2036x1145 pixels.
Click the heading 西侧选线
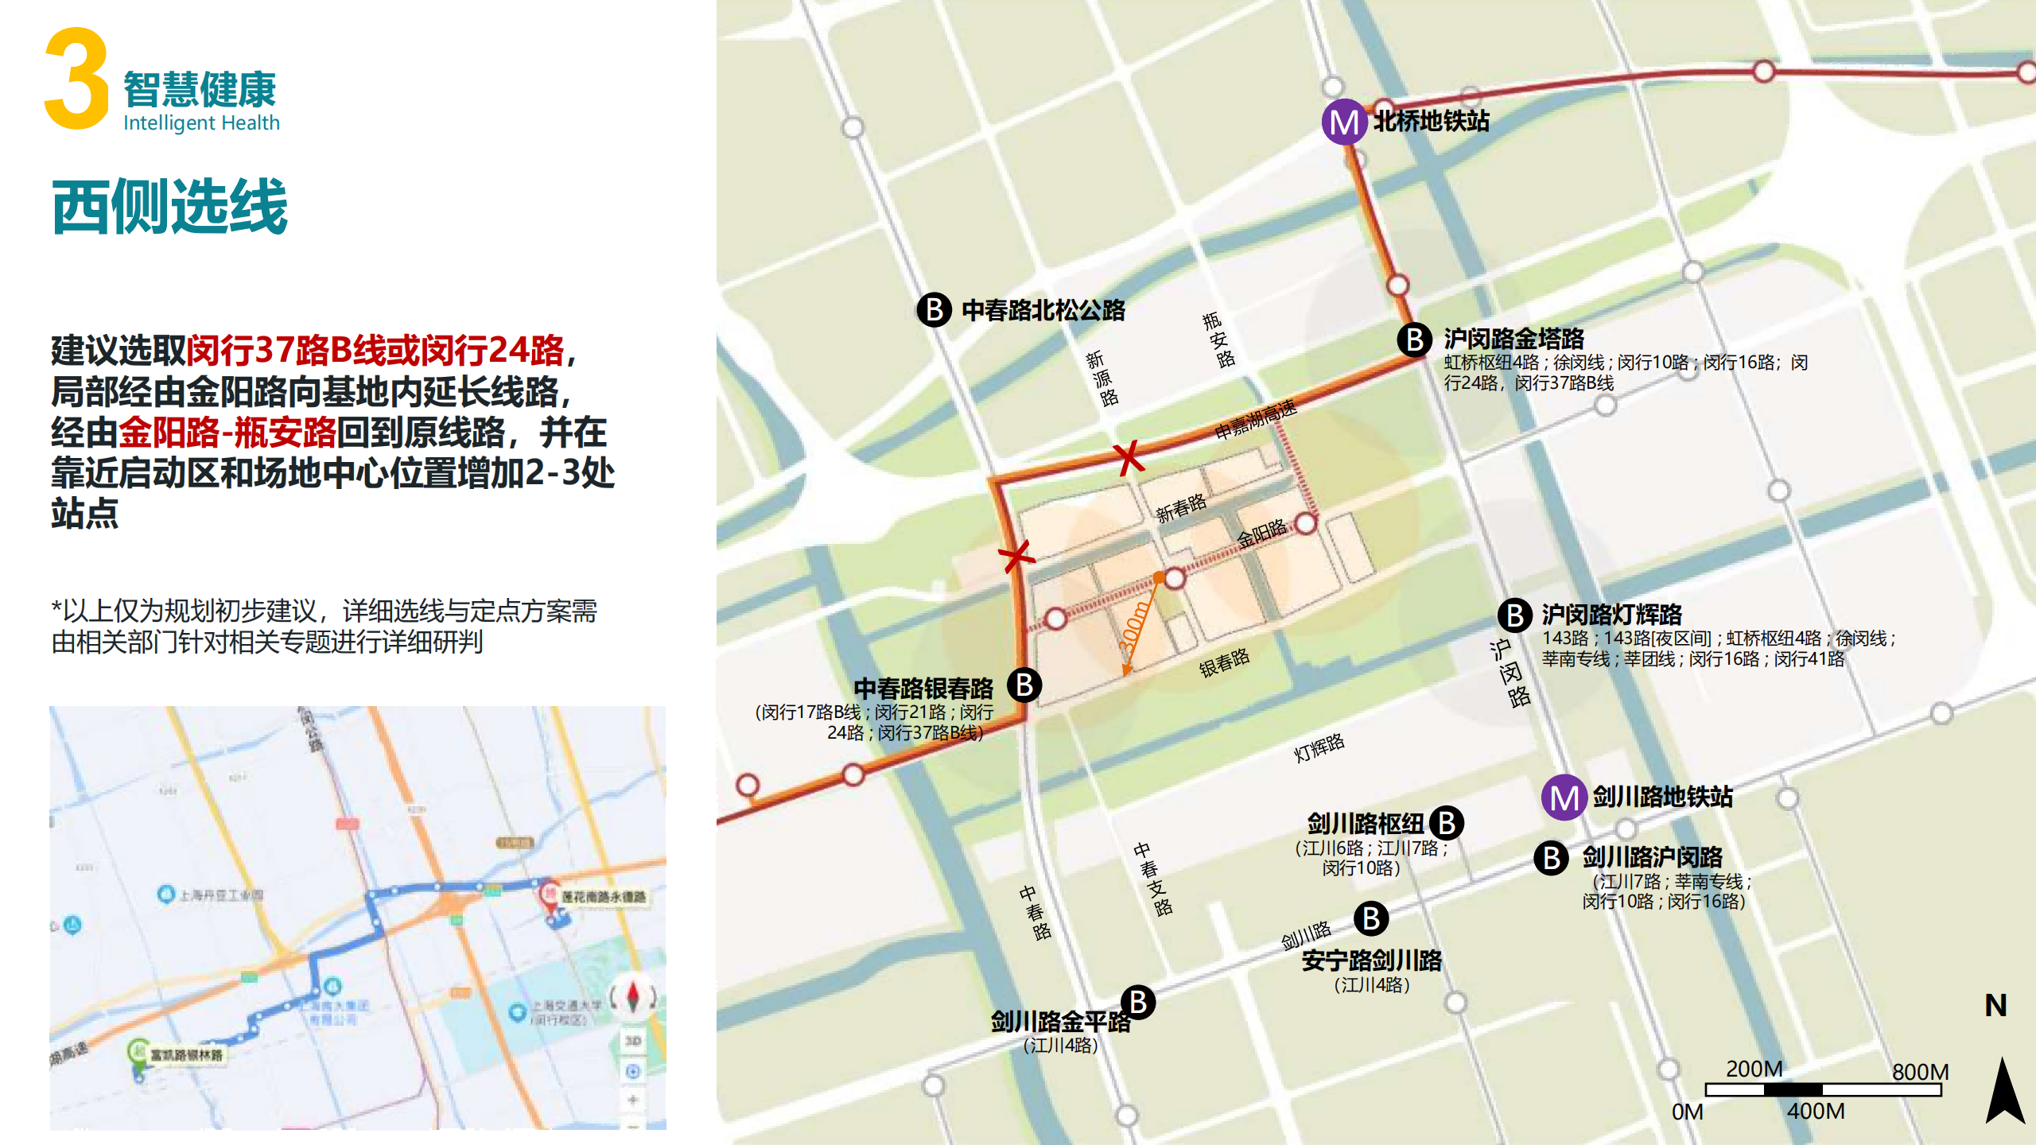click(x=169, y=207)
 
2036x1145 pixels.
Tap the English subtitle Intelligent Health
click(x=201, y=123)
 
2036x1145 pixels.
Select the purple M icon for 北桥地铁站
click(x=1344, y=122)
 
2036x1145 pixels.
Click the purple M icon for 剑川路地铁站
click(x=1564, y=798)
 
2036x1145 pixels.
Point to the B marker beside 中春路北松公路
click(x=934, y=309)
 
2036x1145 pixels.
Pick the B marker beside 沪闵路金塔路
click(x=1415, y=340)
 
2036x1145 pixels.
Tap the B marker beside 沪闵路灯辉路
click(x=1515, y=615)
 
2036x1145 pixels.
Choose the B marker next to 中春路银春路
click(x=1024, y=685)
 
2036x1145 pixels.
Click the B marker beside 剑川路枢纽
click(x=1447, y=823)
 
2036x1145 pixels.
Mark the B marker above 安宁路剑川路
click(x=1371, y=918)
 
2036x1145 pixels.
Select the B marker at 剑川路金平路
click(x=1138, y=1003)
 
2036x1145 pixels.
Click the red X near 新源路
click(x=1128, y=458)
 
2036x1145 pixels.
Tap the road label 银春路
click(x=1224, y=662)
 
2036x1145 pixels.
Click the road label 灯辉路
click(x=1319, y=747)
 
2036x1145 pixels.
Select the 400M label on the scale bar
click(x=1816, y=1111)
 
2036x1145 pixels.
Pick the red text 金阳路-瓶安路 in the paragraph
click(x=227, y=433)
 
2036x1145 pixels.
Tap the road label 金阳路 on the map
click(x=1261, y=533)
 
